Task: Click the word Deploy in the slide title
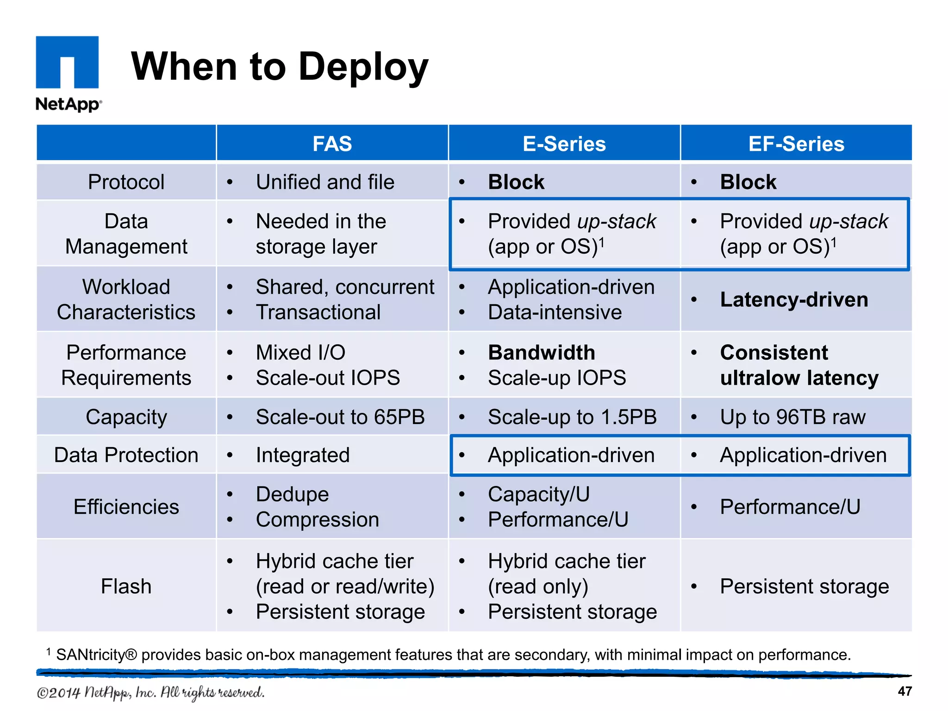coord(363,67)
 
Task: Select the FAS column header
coord(332,143)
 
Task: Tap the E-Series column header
coord(564,143)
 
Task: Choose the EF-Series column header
coord(796,143)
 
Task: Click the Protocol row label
coord(126,182)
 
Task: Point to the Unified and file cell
coord(325,182)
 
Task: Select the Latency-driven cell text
coord(794,299)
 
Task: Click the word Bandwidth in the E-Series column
coord(542,353)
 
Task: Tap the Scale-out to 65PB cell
coord(340,417)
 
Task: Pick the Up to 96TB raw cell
coord(792,417)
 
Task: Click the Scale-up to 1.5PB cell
coord(572,417)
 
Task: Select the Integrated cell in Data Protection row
coord(303,455)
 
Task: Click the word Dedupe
coord(292,494)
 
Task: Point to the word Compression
coord(318,519)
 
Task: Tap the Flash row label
coord(126,586)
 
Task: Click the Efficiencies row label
coord(126,507)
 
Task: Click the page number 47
coord(904,692)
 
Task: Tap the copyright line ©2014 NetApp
coord(150,692)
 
